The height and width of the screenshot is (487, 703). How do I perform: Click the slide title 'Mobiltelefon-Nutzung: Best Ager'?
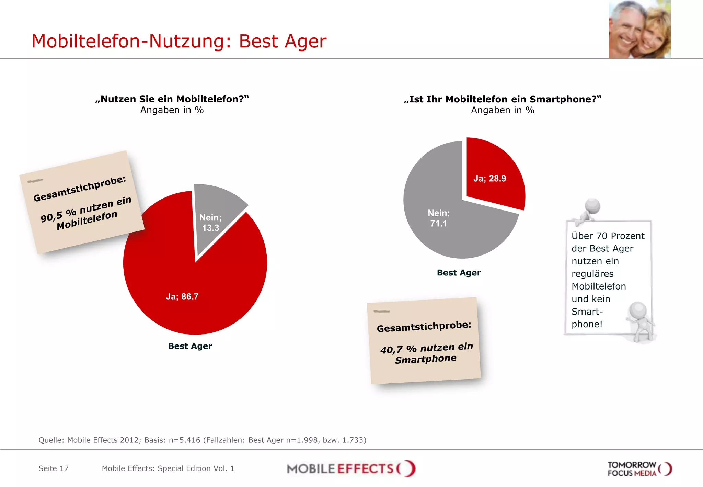point(178,41)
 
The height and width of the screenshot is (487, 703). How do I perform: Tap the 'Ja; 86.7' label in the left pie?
point(182,296)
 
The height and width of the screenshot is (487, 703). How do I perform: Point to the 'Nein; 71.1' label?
point(438,218)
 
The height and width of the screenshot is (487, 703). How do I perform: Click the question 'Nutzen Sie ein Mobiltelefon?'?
point(172,99)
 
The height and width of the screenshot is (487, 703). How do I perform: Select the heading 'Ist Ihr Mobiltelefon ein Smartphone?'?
point(503,99)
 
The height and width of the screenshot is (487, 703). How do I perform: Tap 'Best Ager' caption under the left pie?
point(190,346)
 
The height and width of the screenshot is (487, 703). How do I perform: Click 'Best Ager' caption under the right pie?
point(459,273)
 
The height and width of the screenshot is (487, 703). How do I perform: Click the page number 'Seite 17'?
point(54,468)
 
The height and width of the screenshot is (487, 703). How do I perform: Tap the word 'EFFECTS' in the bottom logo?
point(365,469)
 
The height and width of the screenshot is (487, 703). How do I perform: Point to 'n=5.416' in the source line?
point(184,440)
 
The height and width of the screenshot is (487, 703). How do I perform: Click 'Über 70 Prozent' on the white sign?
point(608,236)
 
